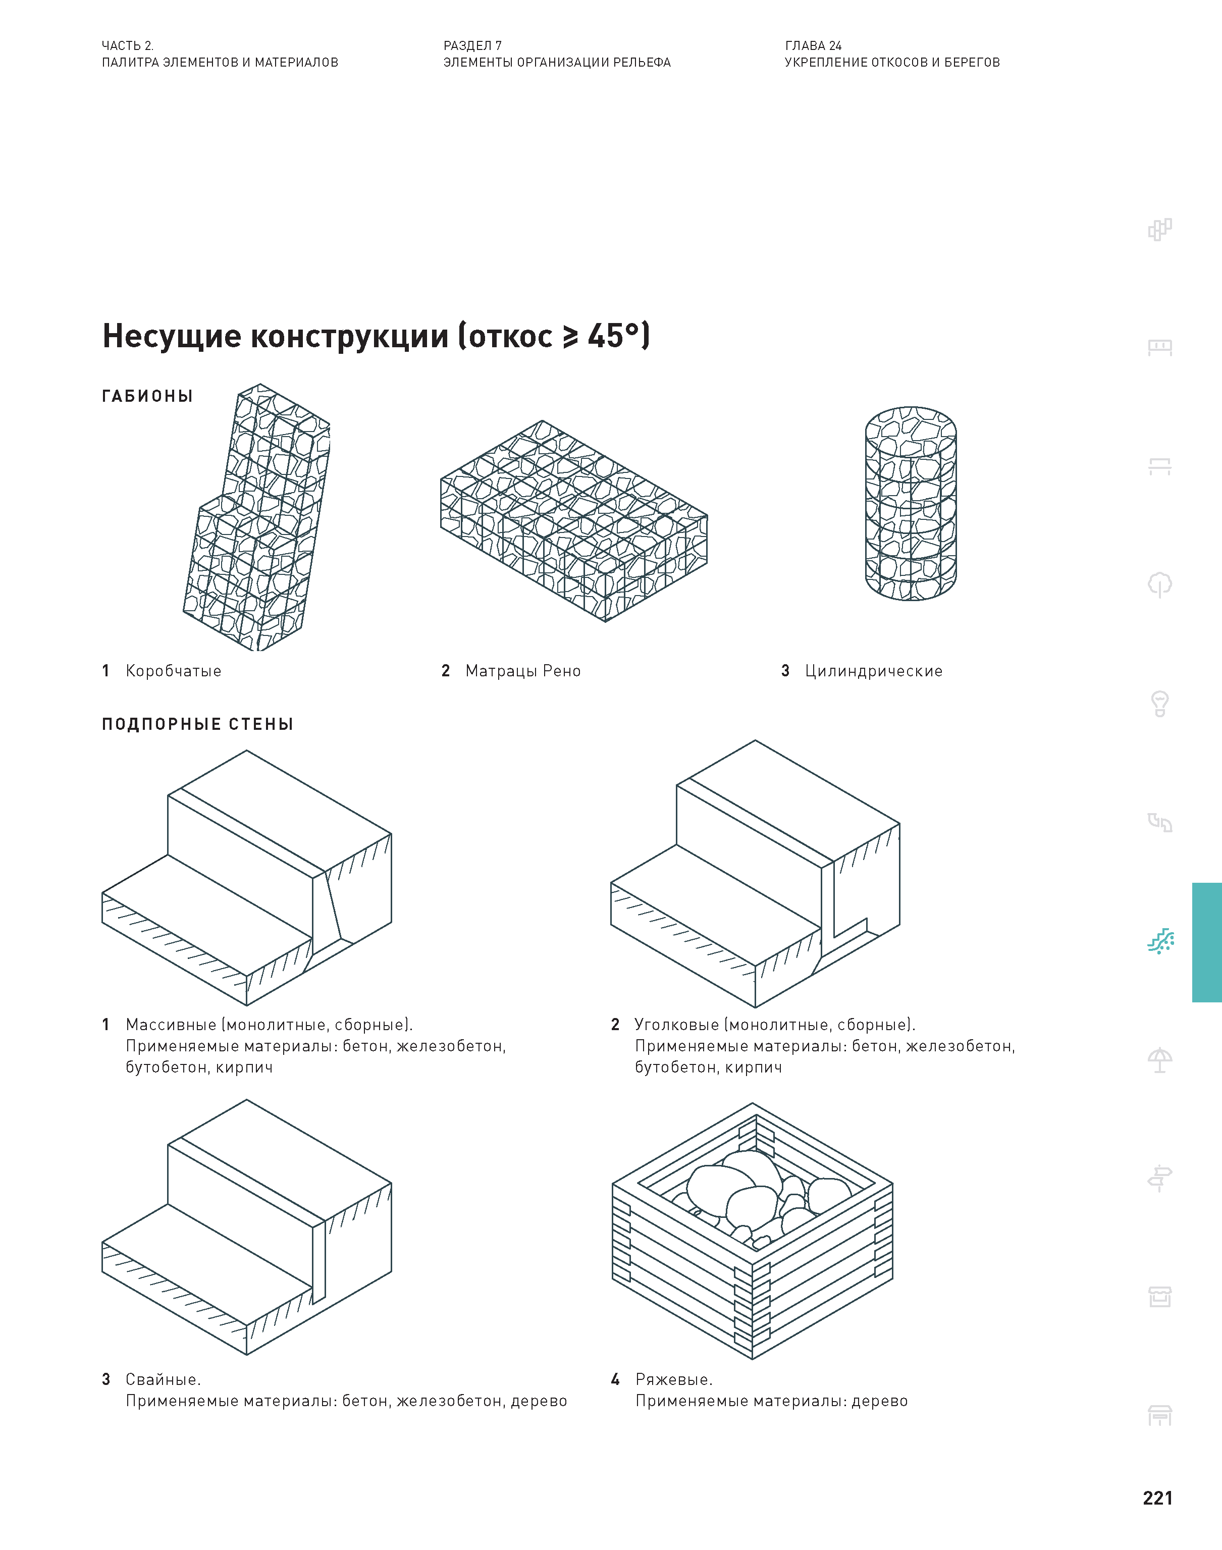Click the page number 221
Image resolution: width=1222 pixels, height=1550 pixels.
[1157, 1498]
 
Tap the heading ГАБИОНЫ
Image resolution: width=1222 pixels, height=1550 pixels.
[147, 396]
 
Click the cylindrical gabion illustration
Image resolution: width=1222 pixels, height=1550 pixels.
[910, 504]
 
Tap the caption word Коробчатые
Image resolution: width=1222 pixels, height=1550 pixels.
[173, 671]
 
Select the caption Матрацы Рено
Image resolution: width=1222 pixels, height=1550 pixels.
[522, 671]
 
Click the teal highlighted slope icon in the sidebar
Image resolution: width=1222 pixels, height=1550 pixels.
[1160, 941]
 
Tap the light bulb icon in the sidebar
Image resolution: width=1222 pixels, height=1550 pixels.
[1160, 703]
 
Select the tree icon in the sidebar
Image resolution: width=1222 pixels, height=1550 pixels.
[1160, 584]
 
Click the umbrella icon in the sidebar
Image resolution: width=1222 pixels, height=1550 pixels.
[1160, 1060]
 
